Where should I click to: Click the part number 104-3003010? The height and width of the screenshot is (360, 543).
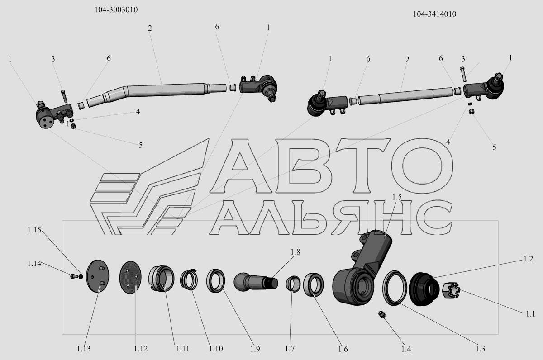[x=116, y=10]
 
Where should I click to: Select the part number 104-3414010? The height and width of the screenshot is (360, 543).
[x=435, y=14]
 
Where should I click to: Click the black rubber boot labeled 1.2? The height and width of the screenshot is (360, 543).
[x=424, y=289]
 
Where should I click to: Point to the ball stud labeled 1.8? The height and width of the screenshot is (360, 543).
[x=256, y=282]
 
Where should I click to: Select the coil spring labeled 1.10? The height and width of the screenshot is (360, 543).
[x=189, y=279]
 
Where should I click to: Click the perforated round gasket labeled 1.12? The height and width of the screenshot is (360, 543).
[x=130, y=278]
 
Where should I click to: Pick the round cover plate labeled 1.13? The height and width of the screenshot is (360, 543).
[x=98, y=276]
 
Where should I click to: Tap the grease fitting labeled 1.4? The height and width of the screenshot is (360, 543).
[x=382, y=315]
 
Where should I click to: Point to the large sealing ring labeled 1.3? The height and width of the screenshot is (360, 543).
[x=395, y=288]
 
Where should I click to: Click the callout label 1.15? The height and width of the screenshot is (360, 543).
[x=34, y=230]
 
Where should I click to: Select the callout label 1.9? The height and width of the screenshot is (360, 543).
[x=255, y=349]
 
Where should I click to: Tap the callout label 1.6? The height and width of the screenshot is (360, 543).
[x=343, y=349]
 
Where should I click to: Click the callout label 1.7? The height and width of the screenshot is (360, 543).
[x=290, y=349]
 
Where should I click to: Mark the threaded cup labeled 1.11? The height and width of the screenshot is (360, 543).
[x=161, y=279]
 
